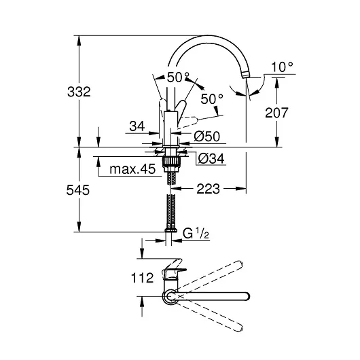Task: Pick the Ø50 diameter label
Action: (x=207, y=137)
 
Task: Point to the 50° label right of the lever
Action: (x=211, y=100)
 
